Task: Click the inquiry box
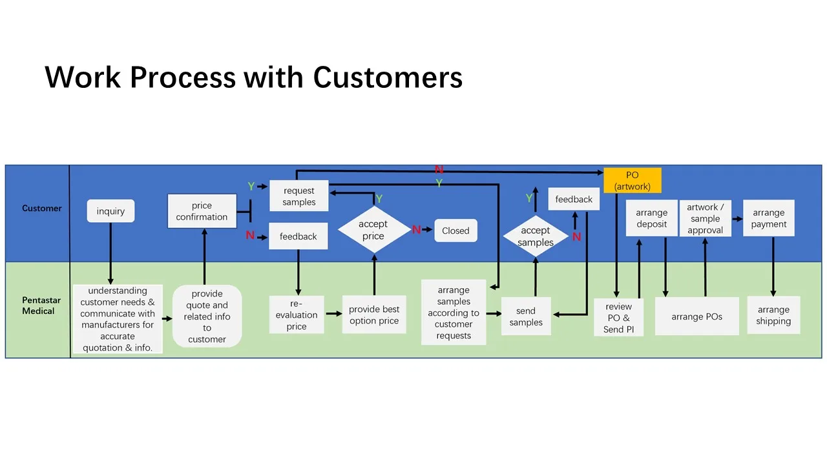click(110, 211)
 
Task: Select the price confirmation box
click(202, 211)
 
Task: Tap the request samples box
click(298, 196)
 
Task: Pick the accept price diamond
click(373, 230)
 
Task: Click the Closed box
click(455, 231)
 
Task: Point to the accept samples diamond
click(535, 236)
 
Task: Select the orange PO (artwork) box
click(633, 181)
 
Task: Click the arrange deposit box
click(651, 218)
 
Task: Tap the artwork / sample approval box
click(705, 218)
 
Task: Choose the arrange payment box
click(768, 218)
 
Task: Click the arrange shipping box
click(773, 315)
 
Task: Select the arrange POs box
click(696, 316)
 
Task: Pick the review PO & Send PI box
click(618, 318)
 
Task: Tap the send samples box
click(526, 316)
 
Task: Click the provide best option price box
click(374, 315)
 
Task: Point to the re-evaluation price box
click(297, 315)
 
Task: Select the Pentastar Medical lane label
click(38, 305)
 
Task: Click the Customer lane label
click(42, 208)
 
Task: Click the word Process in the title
click(182, 77)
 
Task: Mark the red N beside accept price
click(416, 230)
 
